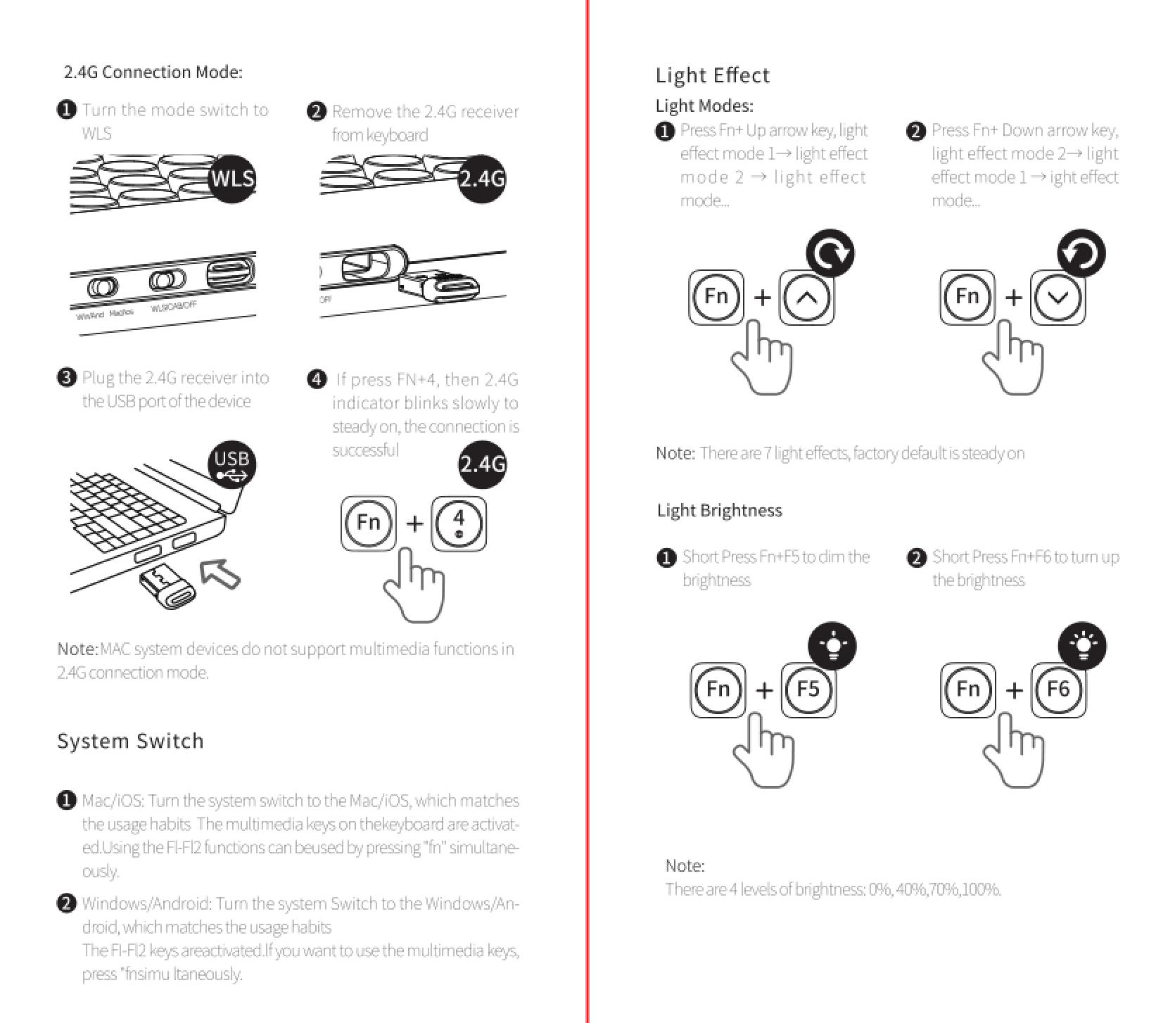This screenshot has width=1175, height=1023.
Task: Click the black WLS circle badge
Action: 232,179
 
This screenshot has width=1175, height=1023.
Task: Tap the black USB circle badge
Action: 231,465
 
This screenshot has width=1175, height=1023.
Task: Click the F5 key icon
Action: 808,690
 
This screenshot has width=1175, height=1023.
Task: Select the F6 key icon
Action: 1058,690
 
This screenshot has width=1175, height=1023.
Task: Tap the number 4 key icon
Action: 459,523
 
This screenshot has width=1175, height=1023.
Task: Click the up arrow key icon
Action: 807,297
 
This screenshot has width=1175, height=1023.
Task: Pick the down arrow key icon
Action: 1057,297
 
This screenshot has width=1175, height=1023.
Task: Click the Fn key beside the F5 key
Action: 718,690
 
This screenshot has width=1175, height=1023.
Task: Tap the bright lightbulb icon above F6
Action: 1083,646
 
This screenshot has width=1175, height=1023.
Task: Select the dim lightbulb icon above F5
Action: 832,646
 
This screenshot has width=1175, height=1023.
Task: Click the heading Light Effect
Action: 712,75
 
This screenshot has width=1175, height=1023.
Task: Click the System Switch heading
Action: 130,741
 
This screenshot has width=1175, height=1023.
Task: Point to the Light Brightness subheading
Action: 719,510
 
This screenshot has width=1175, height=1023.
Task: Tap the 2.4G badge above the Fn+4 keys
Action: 482,464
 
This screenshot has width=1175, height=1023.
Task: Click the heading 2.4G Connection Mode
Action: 153,72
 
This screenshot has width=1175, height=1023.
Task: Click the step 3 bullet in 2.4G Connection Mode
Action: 66,378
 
